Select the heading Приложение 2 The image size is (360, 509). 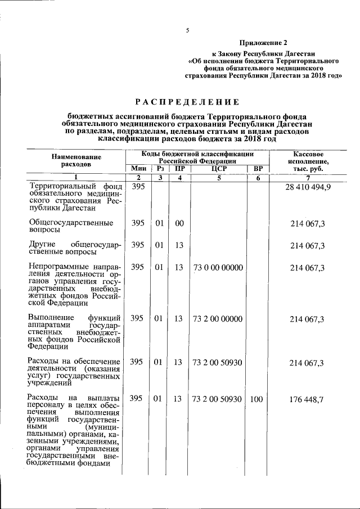[263, 43]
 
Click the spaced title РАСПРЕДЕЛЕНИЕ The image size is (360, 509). [187, 102]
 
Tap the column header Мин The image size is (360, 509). [138, 168]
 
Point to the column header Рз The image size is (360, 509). [160, 168]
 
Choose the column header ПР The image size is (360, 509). [179, 168]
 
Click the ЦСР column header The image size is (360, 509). [218, 168]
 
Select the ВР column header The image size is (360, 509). [258, 168]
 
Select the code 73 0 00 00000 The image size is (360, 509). [218, 268]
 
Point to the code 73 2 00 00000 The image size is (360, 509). [218, 319]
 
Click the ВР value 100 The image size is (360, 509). [256, 399]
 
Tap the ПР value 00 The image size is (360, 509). [179, 223]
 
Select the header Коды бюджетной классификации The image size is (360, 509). [197, 157]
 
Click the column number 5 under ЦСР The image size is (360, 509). [218, 178]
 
